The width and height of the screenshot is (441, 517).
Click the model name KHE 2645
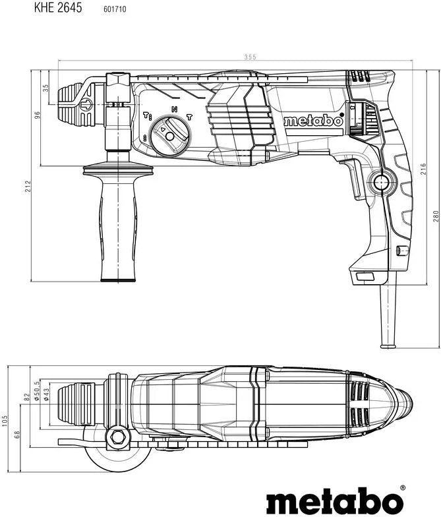pos(58,8)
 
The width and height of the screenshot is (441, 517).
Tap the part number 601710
pos(115,9)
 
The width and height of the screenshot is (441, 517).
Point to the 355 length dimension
pos(250,57)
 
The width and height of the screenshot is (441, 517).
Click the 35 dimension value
pos(46,88)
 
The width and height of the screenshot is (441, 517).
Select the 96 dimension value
pos(37,115)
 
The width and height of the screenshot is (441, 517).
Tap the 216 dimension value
pos(423,169)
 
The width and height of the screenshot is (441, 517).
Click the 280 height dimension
pos(436,216)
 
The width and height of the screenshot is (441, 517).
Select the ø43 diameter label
pos(46,394)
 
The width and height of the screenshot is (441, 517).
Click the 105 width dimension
pos(4,421)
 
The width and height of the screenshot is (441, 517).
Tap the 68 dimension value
pos(17,435)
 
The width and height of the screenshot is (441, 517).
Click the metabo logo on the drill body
pos(314,121)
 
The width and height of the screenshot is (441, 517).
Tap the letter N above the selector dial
pos(174,109)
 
